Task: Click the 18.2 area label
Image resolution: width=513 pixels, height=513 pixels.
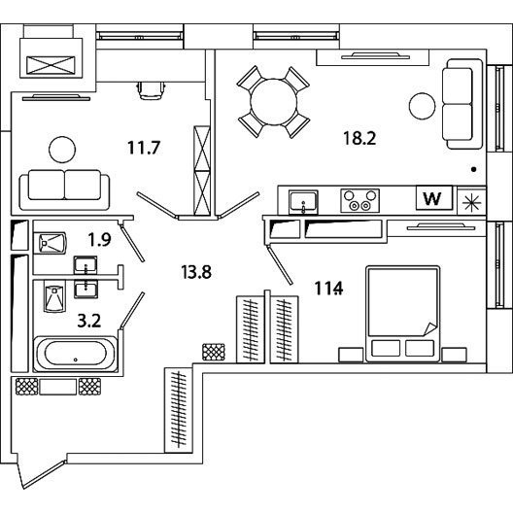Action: (x=359, y=138)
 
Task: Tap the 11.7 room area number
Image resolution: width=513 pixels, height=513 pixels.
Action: (x=144, y=148)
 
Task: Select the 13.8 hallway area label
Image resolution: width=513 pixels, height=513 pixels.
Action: (x=196, y=272)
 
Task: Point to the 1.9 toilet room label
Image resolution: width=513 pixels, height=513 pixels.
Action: (x=99, y=239)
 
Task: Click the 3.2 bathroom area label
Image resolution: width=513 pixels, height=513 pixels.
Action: (x=89, y=321)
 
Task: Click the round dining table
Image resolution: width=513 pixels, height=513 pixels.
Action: (x=274, y=102)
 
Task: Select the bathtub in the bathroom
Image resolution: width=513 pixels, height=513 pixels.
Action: (x=75, y=354)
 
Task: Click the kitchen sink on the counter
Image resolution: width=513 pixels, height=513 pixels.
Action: (x=303, y=201)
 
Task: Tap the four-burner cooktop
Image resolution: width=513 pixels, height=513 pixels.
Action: (x=359, y=200)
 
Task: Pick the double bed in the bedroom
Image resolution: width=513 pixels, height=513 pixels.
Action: (x=403, y=314)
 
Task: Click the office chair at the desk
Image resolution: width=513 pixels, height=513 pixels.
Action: (x=151, y=90)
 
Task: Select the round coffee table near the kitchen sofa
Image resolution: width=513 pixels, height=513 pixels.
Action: (x=422, y=106)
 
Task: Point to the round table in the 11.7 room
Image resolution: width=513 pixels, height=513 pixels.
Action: (x=62, y=150)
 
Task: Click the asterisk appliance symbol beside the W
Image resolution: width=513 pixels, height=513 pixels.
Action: (x=471, y=203)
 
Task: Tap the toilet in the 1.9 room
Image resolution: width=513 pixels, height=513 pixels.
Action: (x=52, y=243)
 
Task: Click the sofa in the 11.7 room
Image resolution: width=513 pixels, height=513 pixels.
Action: (x=64, y=189)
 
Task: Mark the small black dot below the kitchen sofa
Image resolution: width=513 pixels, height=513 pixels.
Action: (x=473, y=169)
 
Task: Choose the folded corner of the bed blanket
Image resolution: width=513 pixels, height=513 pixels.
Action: (x=429, y=329)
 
